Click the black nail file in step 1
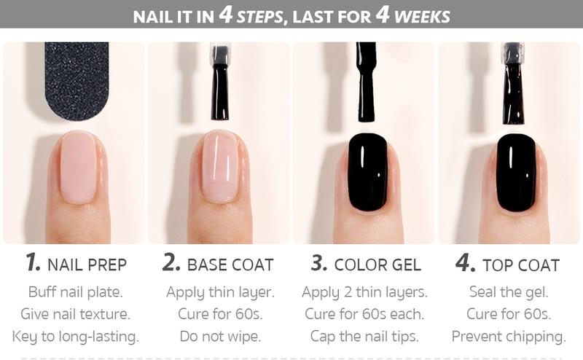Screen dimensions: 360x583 click(77, 77)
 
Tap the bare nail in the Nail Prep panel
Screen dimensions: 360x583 click(77, 167)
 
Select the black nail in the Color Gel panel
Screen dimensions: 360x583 click(367, 172)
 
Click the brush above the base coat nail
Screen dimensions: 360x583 click(219, 84)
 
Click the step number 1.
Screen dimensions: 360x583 click(32, 264)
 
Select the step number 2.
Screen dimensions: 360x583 click(171, 264)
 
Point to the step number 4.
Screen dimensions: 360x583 click(465, 264)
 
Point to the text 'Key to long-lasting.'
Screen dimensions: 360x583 click(76, 337)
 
